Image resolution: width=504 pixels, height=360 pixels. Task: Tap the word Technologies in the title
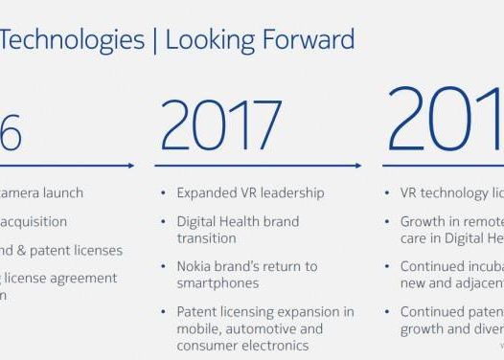click(x=73, y=39)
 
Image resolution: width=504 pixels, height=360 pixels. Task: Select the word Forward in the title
click(x=309, y=39)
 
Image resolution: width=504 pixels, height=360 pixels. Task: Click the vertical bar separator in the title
click(x=156, y=39)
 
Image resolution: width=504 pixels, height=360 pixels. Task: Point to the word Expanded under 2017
click(x=206, y=192)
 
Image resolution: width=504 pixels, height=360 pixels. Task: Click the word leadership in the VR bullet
click(x=292, y=192)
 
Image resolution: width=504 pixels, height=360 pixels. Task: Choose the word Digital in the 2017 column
click(x=196, y=221)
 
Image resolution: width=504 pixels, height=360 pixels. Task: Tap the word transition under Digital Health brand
click(x=206, y=237)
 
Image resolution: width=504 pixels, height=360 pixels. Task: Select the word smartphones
click(x=217, y=283)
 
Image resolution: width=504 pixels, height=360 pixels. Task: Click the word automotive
click(x=260, y=328)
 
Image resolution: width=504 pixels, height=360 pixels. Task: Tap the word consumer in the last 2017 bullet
click(x=207, y=345)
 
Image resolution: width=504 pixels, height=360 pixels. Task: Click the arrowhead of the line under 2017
click(x=360, y=166)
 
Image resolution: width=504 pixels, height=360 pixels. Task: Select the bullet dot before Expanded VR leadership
click(x=165, y=193)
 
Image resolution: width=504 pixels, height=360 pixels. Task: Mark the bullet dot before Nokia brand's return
click(x=165, y=267)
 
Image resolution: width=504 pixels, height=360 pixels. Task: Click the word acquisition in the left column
click(x=34, y=221)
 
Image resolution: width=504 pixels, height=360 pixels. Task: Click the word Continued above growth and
click(x=436, y=312)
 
